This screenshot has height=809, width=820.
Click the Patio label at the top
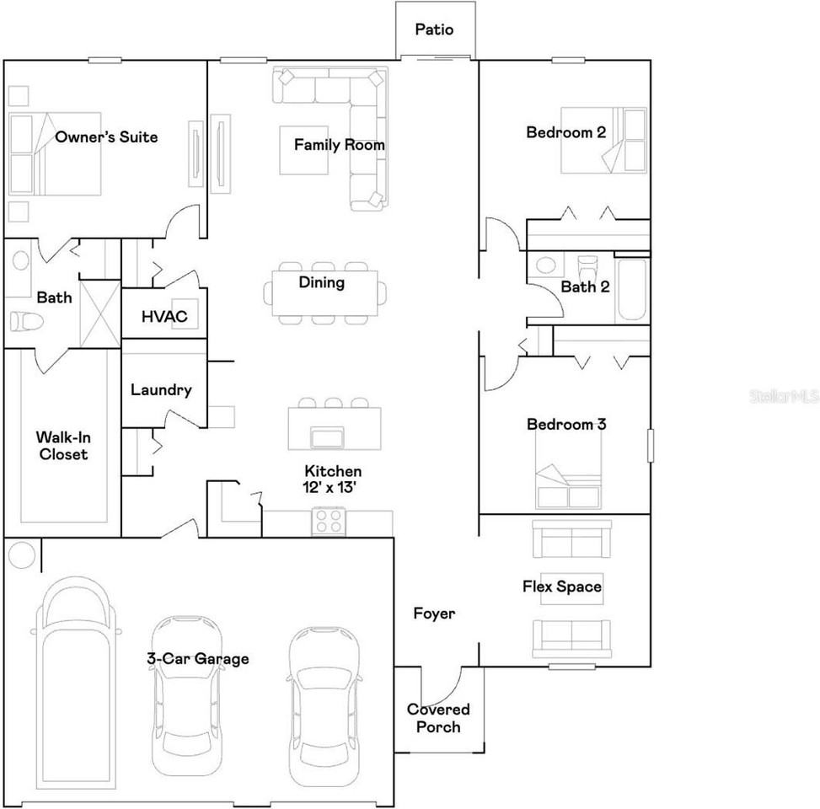[434, 29]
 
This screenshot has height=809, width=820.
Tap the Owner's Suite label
[106, 137]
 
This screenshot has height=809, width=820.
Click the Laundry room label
[161, 390]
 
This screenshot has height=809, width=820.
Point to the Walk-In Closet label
[62, 446]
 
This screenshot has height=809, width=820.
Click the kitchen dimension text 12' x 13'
[333, 487]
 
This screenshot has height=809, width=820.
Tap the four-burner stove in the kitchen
[328, 522]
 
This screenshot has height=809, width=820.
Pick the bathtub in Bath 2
[632, 290]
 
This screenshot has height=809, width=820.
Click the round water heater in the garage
[22, 555]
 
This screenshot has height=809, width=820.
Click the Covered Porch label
[438, 717]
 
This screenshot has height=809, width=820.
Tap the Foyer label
[434, 613]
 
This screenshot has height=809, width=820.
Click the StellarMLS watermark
[784, 394]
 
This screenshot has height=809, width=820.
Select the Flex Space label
[562, 586]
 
